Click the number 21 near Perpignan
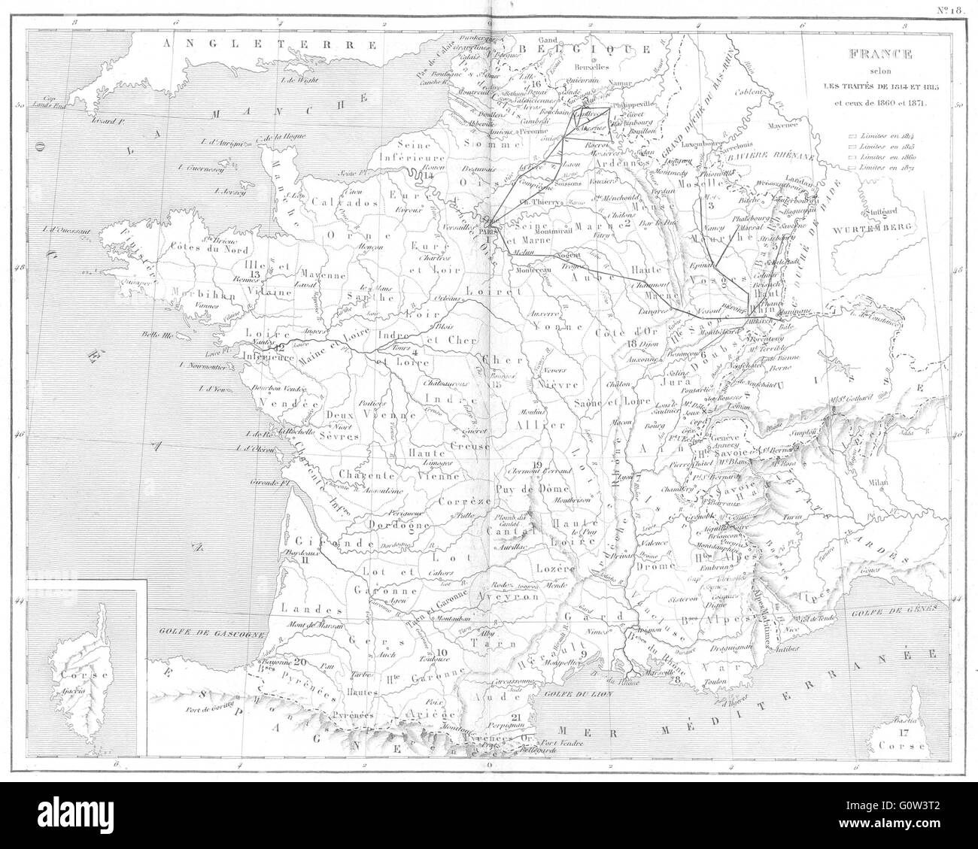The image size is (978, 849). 515,716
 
